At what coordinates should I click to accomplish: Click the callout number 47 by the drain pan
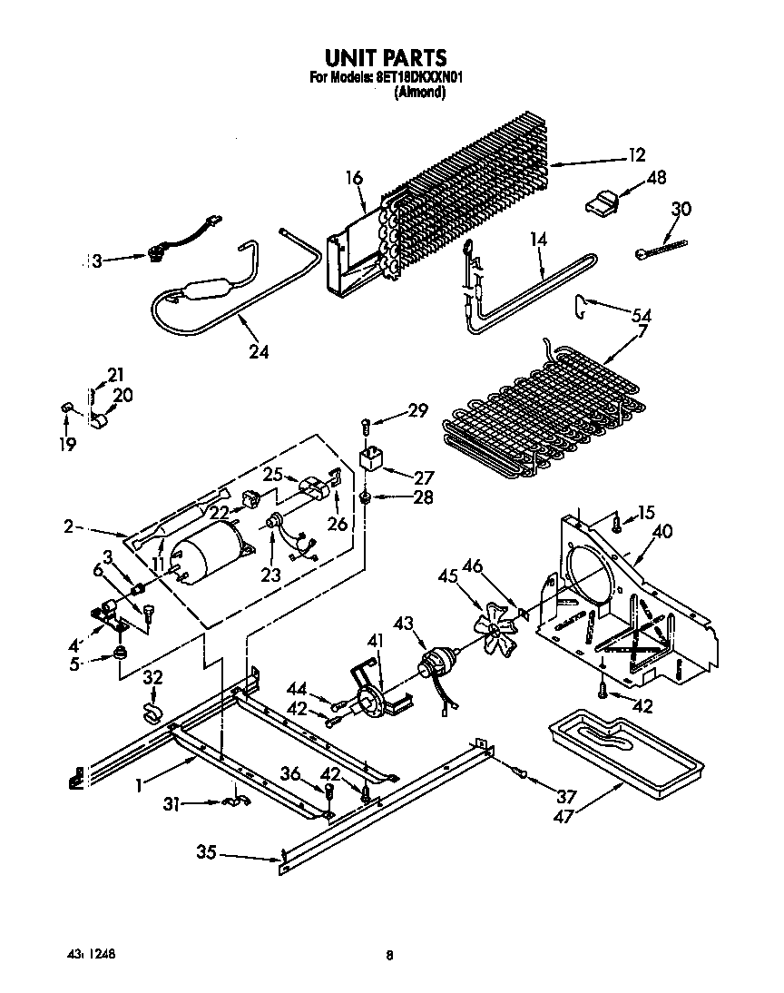click(x=566, y=817)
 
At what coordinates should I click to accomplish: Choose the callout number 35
click(x=206, y=851)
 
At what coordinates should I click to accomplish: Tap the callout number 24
click(x=258, y=351)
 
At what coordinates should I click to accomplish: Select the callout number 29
click(x=416, y=411)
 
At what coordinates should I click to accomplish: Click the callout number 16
click(x=353, y=178)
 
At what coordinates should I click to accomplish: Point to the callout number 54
click(x=642, y=314)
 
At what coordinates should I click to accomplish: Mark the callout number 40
click(x=662, y=532)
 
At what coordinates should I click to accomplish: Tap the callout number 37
click(x=566, y=796)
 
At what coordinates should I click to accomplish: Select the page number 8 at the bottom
click(x=389, y=954)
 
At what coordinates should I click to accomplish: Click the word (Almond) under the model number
click(x=419, y=92)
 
